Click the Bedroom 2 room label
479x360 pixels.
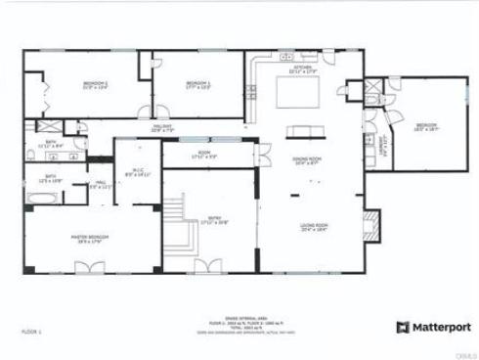click(94, 86)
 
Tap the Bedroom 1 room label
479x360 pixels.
click(198, 86)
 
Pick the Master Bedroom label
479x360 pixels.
click(88, 239)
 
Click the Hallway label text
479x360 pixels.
click(162, 128)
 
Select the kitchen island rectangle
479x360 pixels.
click(297, 93)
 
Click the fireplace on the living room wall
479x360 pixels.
click(370, 222)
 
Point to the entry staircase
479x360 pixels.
click(176, 220)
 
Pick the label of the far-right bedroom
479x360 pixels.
click(426, 126)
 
